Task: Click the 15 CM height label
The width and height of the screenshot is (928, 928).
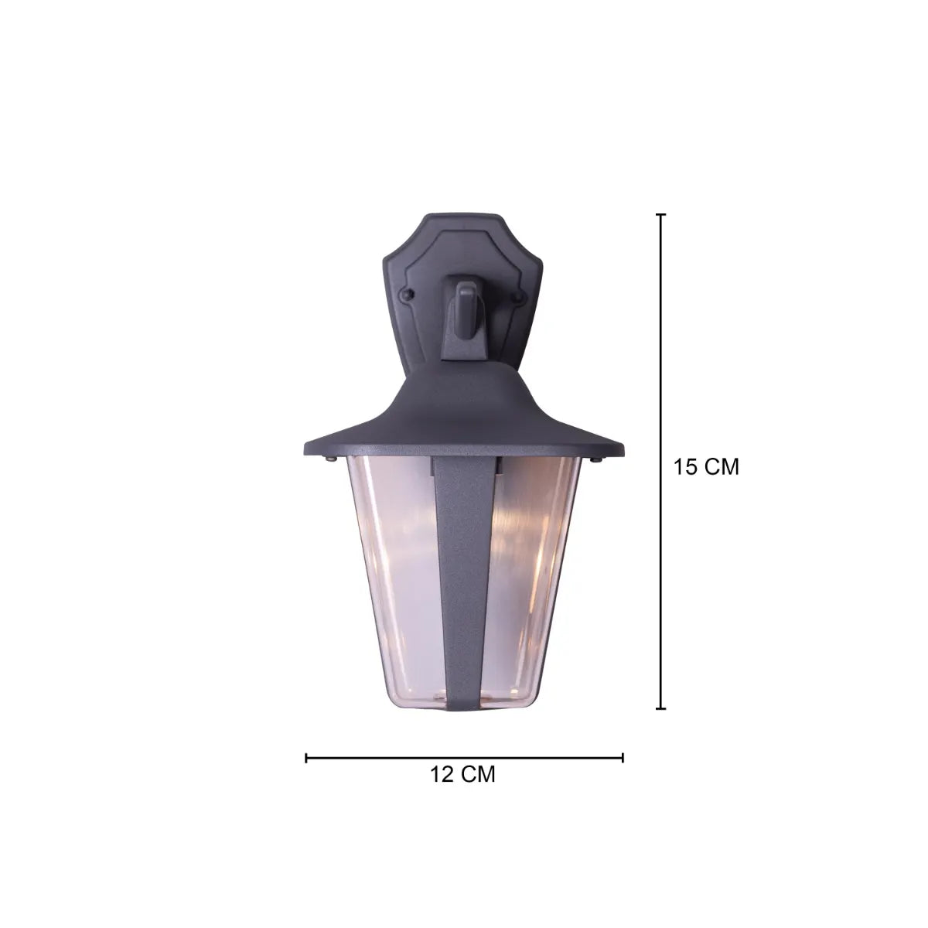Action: [705, 466]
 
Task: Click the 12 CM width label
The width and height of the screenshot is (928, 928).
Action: [462, 774]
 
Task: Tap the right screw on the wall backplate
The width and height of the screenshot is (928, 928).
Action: [519, 295]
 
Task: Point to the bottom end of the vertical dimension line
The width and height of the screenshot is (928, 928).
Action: [660, 708]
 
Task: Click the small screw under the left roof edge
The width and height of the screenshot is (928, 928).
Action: [330, 459]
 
